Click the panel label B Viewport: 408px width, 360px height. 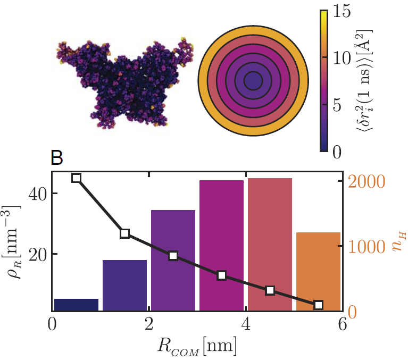[57, 158]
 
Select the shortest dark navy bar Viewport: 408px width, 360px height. [76, 305]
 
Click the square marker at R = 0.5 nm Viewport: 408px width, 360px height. [76, 178]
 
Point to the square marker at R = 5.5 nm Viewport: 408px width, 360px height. [318, 305]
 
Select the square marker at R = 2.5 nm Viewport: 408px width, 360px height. [173, 256]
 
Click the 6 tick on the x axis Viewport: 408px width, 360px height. [342, 324]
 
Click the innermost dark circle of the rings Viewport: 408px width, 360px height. [253, 81]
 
